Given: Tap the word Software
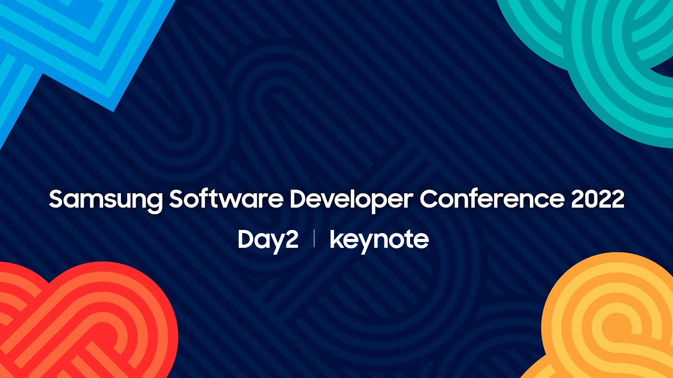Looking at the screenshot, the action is (x=226, y=198).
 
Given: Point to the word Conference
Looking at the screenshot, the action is (x=492, y=198).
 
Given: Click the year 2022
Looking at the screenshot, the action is (x=598, y=199).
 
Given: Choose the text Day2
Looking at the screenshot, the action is (x=268, y=241).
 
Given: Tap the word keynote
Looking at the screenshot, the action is (x=379, y=241).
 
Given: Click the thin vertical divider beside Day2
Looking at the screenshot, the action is (x=314, y=238).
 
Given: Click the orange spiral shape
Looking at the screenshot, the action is (x=604, y=321).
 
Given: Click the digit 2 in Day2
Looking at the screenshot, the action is (x=291, y=239).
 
